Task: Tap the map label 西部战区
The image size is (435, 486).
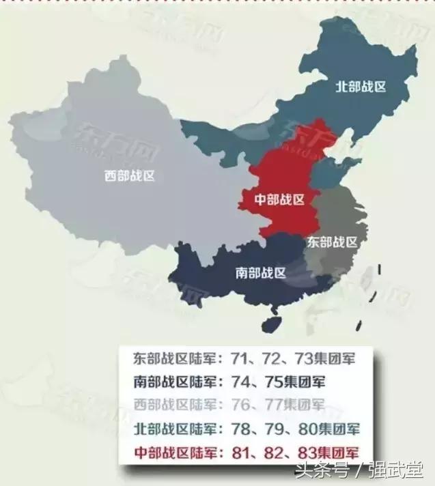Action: coord(130,175)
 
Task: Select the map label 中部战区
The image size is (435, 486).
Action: coord(279,199)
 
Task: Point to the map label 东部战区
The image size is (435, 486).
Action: coord(333,242)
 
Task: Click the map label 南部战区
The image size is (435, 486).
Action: coord(260,273)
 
